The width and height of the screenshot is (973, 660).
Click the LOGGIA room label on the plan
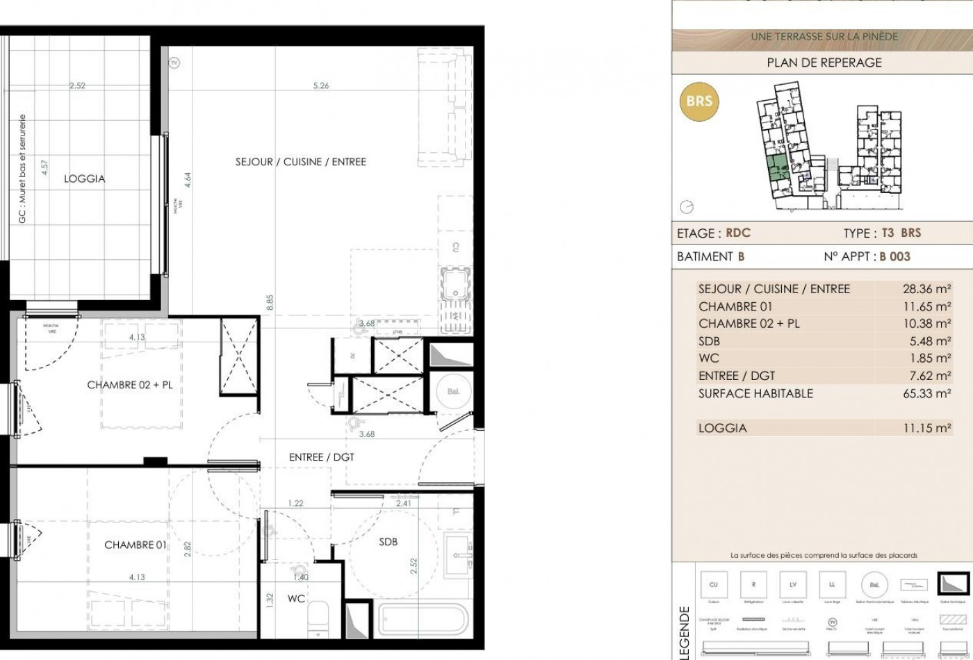coord(85,179)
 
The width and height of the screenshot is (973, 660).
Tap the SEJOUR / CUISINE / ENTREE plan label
coord(301,162)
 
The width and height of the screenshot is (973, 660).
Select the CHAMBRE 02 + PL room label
coord(130,384)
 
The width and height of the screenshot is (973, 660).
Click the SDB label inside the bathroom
coord(388,542)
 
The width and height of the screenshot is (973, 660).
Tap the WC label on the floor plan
coord(296,598)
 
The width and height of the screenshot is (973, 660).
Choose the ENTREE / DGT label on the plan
coord(316,457)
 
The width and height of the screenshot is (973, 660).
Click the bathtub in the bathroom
coord(425,616)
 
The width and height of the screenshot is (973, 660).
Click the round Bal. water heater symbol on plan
coord(453,392)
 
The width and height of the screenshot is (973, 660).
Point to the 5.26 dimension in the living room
coord(320,86)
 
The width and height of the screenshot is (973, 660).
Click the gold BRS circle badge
coord(698,101)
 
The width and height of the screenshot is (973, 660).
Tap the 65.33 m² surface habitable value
coord(926,393)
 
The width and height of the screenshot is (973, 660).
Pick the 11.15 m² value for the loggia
coord(926,428)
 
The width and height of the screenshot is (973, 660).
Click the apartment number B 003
coord(894,256)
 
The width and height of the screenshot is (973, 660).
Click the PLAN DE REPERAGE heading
coord(824,63)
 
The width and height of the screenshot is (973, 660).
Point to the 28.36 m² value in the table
coord(926,289)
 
